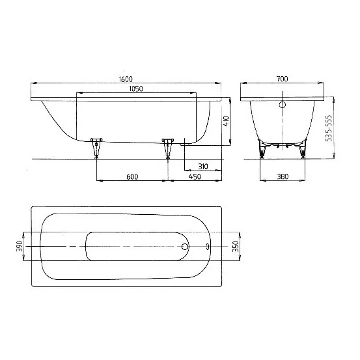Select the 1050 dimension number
click(x=135, y=89)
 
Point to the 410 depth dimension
click(x=225, y=121)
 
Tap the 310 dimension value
click(x=202, y=167)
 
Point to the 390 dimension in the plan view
click(x=20, y=247)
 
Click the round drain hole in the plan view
click(x=185, y=247)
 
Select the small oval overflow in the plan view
click(x=208, y=247)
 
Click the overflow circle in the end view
click(x=283, y=105)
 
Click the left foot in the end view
click(x=263, y=150)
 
